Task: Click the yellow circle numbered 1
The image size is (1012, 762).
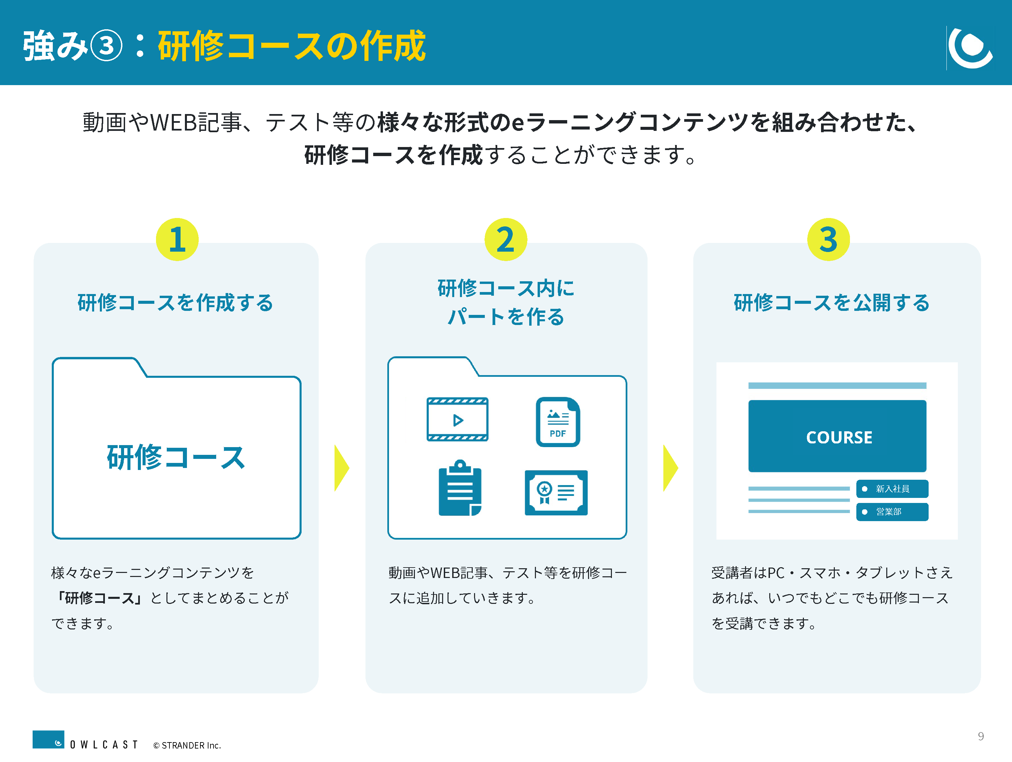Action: pos(177,239)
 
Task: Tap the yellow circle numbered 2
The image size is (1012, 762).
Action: pos(506,239)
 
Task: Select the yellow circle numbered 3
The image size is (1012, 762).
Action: pos(828,239)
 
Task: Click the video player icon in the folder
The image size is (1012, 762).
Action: pos(458,419)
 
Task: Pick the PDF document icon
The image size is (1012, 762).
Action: pos(558,422)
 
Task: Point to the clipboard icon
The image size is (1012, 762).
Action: pos(460,488)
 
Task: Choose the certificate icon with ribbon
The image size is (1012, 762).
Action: pos(556,493)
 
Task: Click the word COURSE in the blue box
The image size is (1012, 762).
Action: pos(839,438)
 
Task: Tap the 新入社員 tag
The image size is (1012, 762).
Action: pos(892,489)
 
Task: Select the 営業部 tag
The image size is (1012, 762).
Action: pos(892,512)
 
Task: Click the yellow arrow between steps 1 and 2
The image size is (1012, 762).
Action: pos(342,468)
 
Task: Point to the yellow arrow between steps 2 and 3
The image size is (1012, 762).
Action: pos(670,468)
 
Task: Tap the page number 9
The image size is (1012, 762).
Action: pos(981,736)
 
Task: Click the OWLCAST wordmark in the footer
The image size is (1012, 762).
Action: pos(104,745)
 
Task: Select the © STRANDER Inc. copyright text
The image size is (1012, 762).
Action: pos(187,745)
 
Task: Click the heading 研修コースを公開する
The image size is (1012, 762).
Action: pos(832,302)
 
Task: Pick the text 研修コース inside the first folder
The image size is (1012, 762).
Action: pos(176,457)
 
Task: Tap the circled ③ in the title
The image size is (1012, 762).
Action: pos(106,46)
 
